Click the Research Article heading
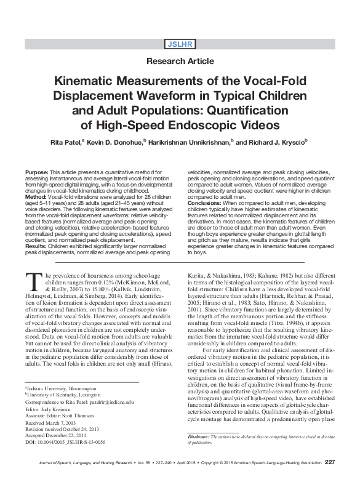click(180, 61)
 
